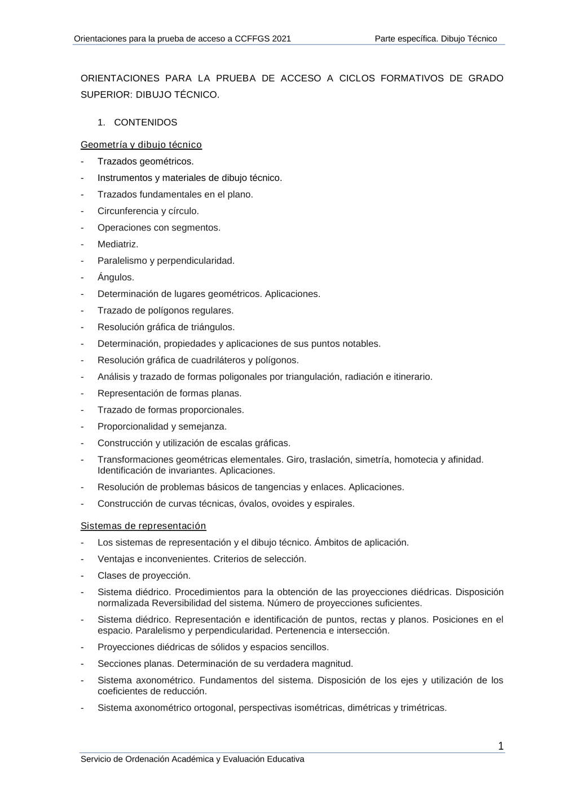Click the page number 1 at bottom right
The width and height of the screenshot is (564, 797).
(x=501, y=746)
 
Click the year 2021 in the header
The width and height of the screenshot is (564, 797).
(x=281, y=39)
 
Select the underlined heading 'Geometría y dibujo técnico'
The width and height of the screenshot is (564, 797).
(x=141, y=145)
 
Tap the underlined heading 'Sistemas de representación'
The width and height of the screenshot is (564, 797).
(x=143, y=526)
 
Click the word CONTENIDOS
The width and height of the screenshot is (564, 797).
(x=146, y=122)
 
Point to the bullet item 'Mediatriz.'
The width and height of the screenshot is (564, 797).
(x=118, y=244)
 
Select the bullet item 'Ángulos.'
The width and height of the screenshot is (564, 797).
(x=116, y=277)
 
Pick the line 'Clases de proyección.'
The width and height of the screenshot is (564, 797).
(x=144, y=575)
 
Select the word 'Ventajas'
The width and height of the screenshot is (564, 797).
(x=114, y=559)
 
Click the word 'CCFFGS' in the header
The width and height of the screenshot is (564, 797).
(x=252, y=39)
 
